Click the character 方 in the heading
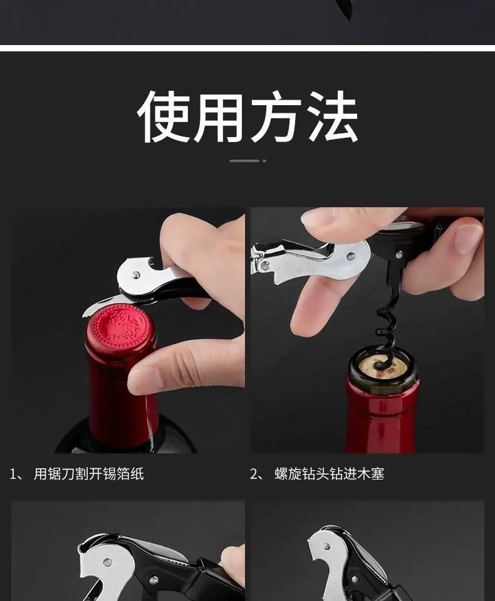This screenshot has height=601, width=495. (x=277, y=117)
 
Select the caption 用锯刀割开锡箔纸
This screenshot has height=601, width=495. (x=88, y=474)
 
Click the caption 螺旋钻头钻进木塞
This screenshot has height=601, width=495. (x=329, y=474)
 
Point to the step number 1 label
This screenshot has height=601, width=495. (x=14, y=475)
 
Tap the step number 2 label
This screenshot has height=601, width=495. (x=254, y=475)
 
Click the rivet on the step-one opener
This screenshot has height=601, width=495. (x=135, y=274)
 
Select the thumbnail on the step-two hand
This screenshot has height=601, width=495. (x=467, y=239)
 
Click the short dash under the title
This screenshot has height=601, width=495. (x=244, y=161)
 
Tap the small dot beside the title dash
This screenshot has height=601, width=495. (x=264, y=161)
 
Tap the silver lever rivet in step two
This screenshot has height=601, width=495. (x=350, y=255)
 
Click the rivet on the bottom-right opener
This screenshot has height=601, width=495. (x=326, y=546)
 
